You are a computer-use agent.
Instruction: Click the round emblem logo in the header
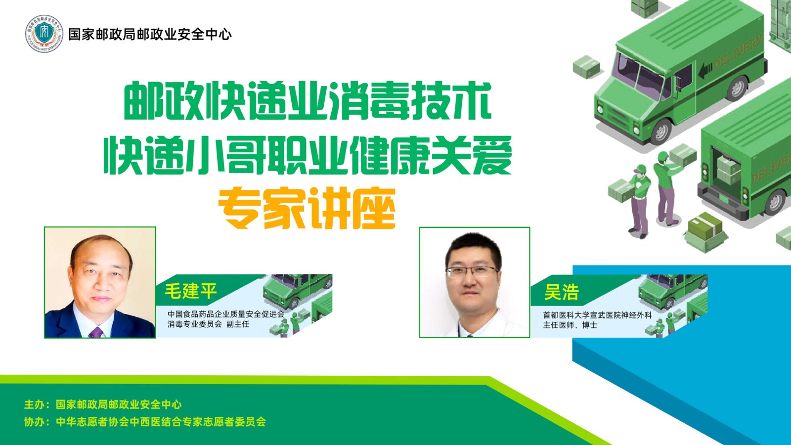44,34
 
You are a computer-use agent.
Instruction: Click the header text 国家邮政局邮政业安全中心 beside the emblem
150,34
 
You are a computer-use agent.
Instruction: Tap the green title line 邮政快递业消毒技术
307,101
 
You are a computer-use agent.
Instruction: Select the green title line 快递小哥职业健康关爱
308,155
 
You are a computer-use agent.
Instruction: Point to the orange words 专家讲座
307,208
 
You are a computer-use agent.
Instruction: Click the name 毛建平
191,292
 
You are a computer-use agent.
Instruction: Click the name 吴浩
561,292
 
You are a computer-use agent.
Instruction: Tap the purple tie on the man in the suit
96,332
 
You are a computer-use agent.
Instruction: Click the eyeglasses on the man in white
472,272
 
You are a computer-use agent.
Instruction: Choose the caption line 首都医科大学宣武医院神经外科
598,315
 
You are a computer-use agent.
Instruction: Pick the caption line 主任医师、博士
570,325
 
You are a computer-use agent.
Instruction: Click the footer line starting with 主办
103,404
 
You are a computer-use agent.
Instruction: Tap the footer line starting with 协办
145,422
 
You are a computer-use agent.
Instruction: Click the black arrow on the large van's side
705,71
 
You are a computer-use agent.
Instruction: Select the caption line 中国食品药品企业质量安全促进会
226,314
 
